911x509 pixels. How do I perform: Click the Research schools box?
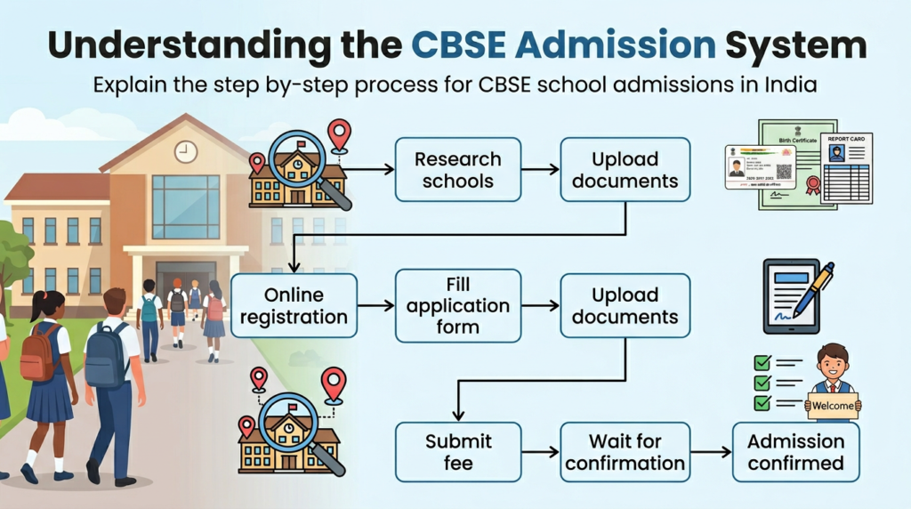point(458,169)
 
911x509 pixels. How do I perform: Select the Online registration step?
point(294,305)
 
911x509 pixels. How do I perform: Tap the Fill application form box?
point(458,305)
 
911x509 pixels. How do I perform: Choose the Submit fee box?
point(458,452)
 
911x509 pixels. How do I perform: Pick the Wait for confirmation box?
point(625,452)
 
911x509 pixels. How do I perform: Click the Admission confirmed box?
point(795,452)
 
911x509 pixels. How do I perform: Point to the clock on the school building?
point(186,151)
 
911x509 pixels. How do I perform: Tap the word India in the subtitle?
point(791,87)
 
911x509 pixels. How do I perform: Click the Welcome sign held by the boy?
point(833,406)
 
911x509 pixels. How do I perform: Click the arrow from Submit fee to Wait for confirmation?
point(540,452)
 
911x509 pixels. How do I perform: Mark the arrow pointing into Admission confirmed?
point(710,452)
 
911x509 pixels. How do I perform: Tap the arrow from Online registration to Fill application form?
point(375,305)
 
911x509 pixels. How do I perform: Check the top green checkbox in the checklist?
point(762,362)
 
